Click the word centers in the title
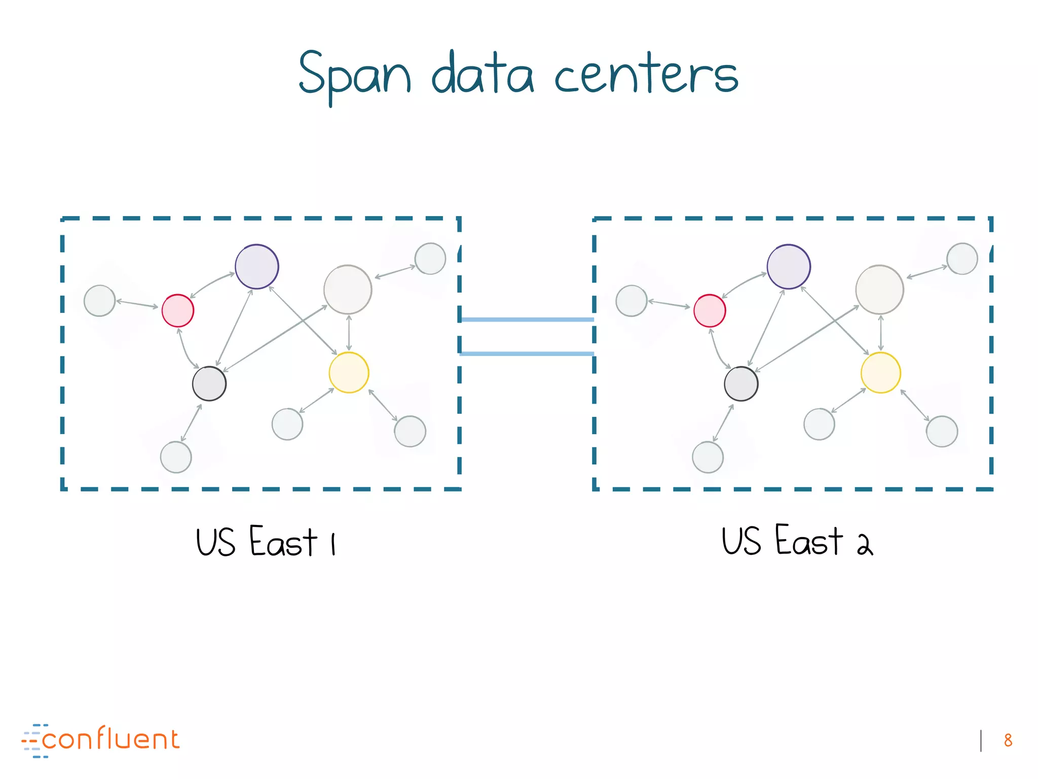(646, 76)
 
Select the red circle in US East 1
(178, 310)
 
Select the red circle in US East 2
(710, 310)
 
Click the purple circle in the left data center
(257, 267)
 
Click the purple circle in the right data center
(789, 267)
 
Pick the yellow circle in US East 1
(349, 373)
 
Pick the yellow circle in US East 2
(881, 373)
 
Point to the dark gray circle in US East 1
(209, 383)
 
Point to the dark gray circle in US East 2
(741, 383)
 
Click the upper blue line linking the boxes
(527, 320)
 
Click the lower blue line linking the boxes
(527, 353)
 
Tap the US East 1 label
(266, 542)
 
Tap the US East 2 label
(797, 542)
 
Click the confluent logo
(101, 740)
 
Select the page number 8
(1008, 740)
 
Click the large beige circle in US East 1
(348, 290)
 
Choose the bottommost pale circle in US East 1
(176, 457)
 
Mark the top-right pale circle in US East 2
(962, 259)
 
